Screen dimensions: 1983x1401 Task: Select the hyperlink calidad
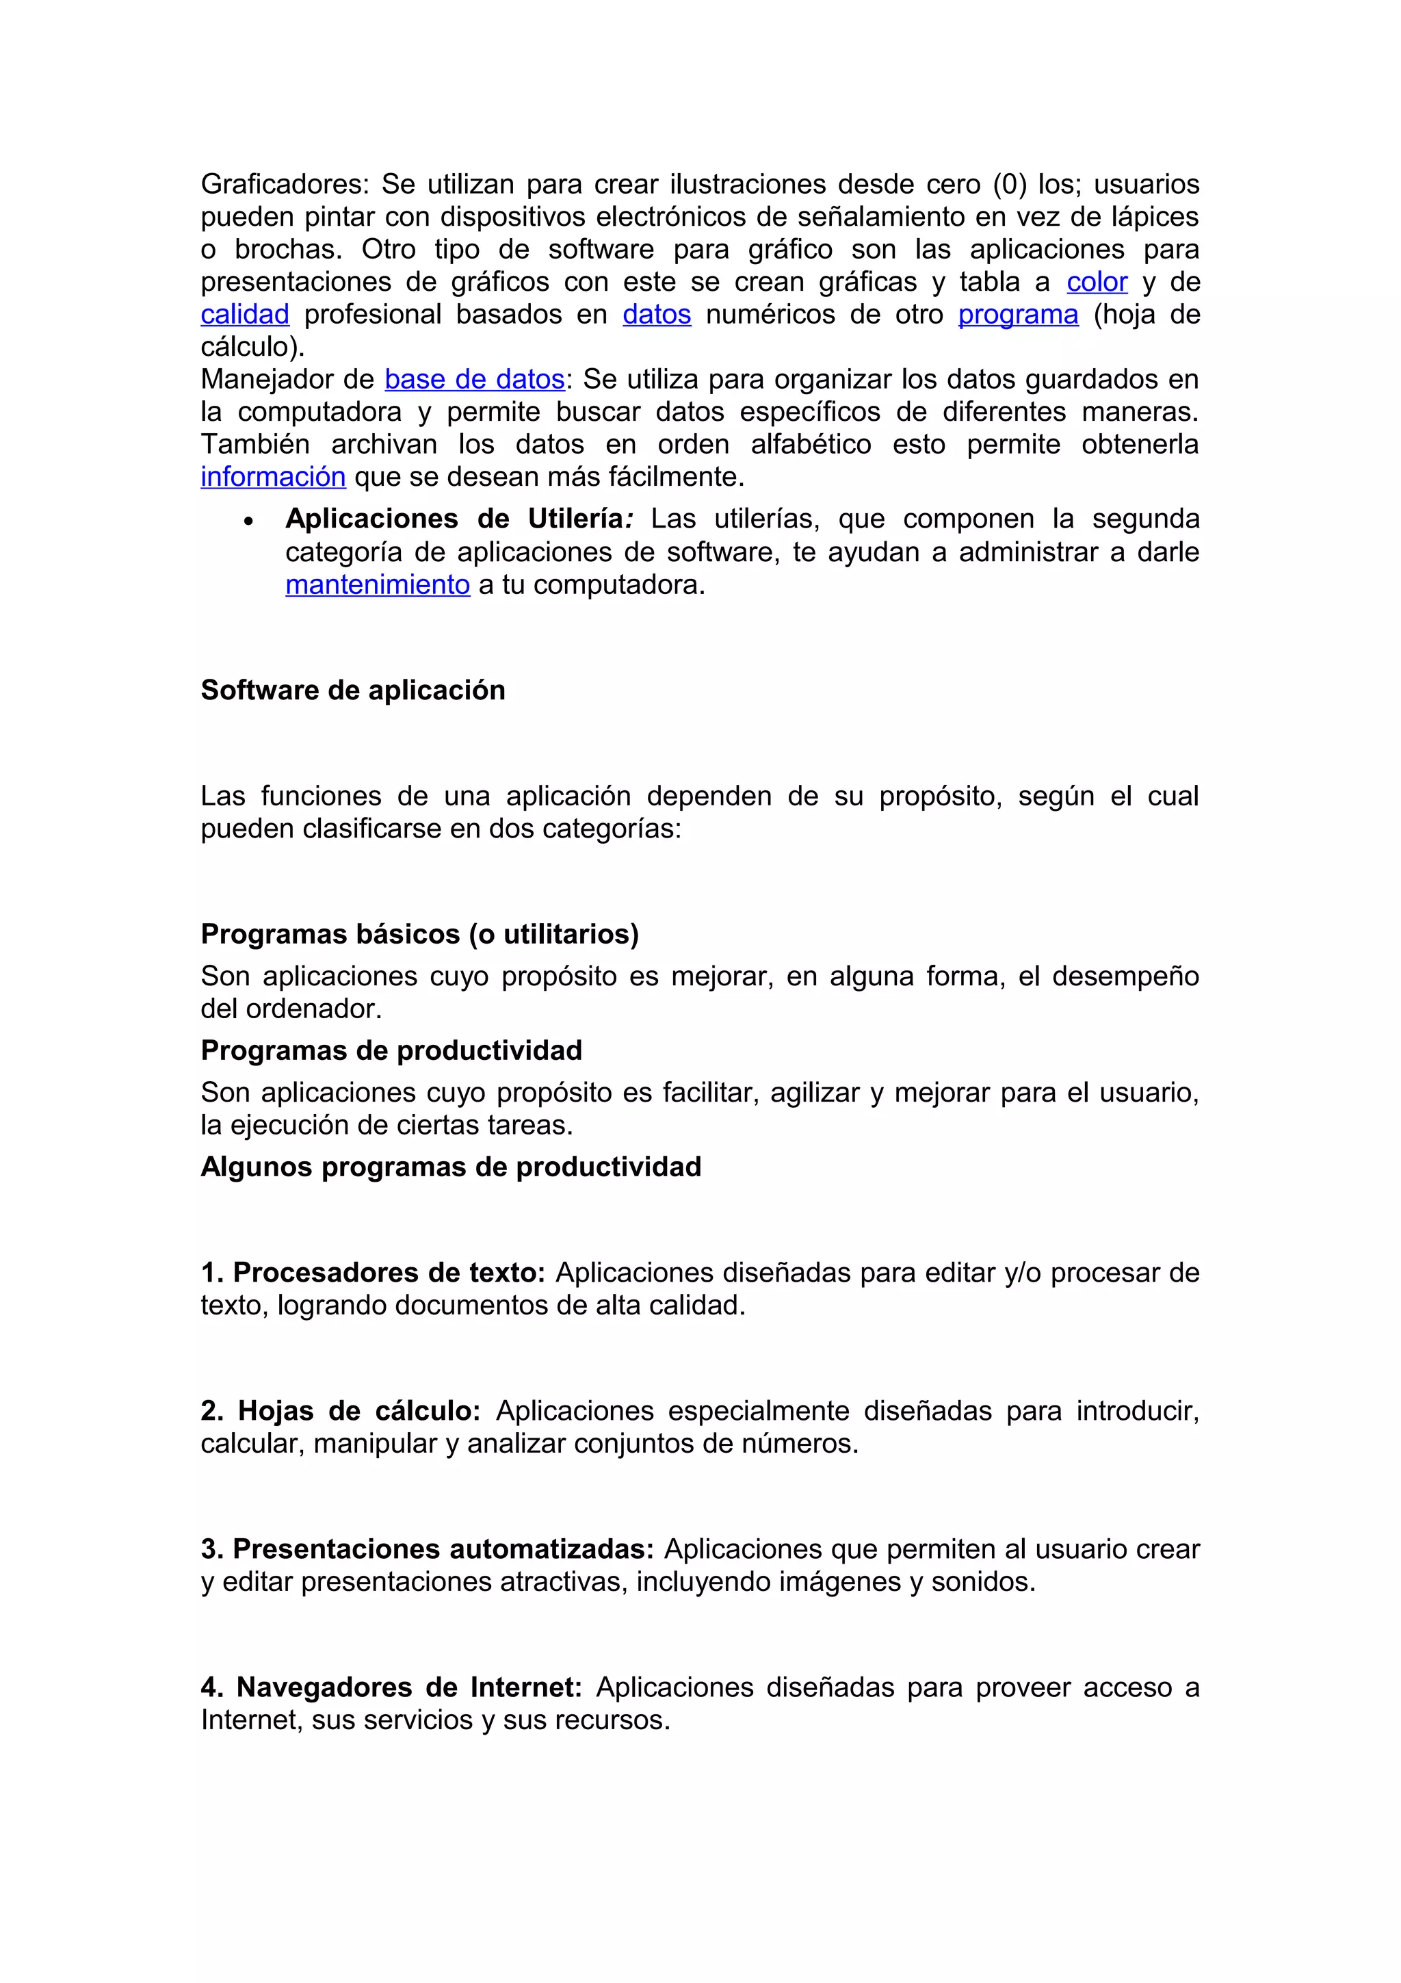244,314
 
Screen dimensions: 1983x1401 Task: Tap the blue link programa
1018,314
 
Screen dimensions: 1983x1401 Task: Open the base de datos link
474,379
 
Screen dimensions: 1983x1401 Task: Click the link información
273,477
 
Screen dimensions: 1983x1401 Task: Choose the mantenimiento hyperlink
377,585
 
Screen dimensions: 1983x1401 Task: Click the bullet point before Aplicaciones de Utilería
248,521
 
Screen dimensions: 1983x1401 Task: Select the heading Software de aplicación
352,690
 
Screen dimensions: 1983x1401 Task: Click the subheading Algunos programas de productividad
451,1167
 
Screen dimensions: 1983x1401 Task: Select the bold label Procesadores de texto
389,1272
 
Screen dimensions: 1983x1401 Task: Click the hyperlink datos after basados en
656,314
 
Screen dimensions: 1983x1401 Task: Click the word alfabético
811,444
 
